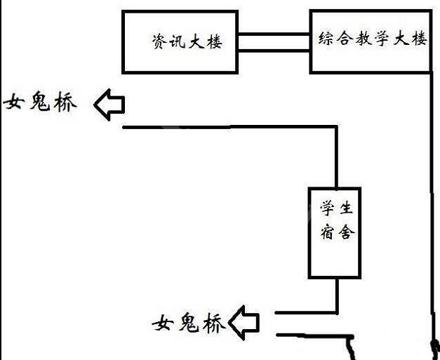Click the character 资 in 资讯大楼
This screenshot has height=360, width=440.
[159, 42]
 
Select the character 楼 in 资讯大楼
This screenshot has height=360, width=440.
[214, 42]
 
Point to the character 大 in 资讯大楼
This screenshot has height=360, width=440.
[196, 42]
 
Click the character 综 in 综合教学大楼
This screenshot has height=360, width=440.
[324, 39]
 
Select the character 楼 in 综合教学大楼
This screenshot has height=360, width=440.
[419, 39]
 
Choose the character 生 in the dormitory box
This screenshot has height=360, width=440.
[345, 208]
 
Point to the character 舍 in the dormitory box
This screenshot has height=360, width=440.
[345, 233]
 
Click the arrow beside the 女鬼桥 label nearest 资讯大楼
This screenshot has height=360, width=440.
[109, 105]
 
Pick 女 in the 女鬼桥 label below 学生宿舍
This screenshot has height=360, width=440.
[164, 324]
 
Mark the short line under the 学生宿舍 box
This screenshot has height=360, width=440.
[338, 294]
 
